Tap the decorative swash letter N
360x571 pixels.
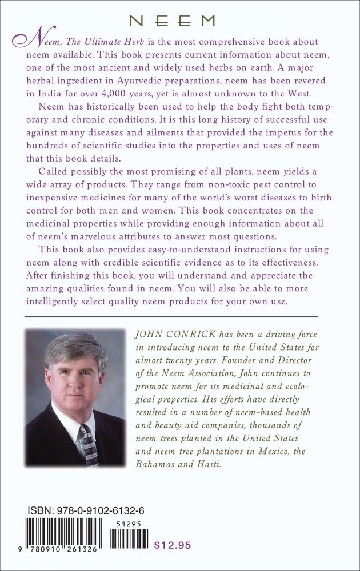[x=22, y=41]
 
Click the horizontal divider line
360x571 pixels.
[x=171, y=316]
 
